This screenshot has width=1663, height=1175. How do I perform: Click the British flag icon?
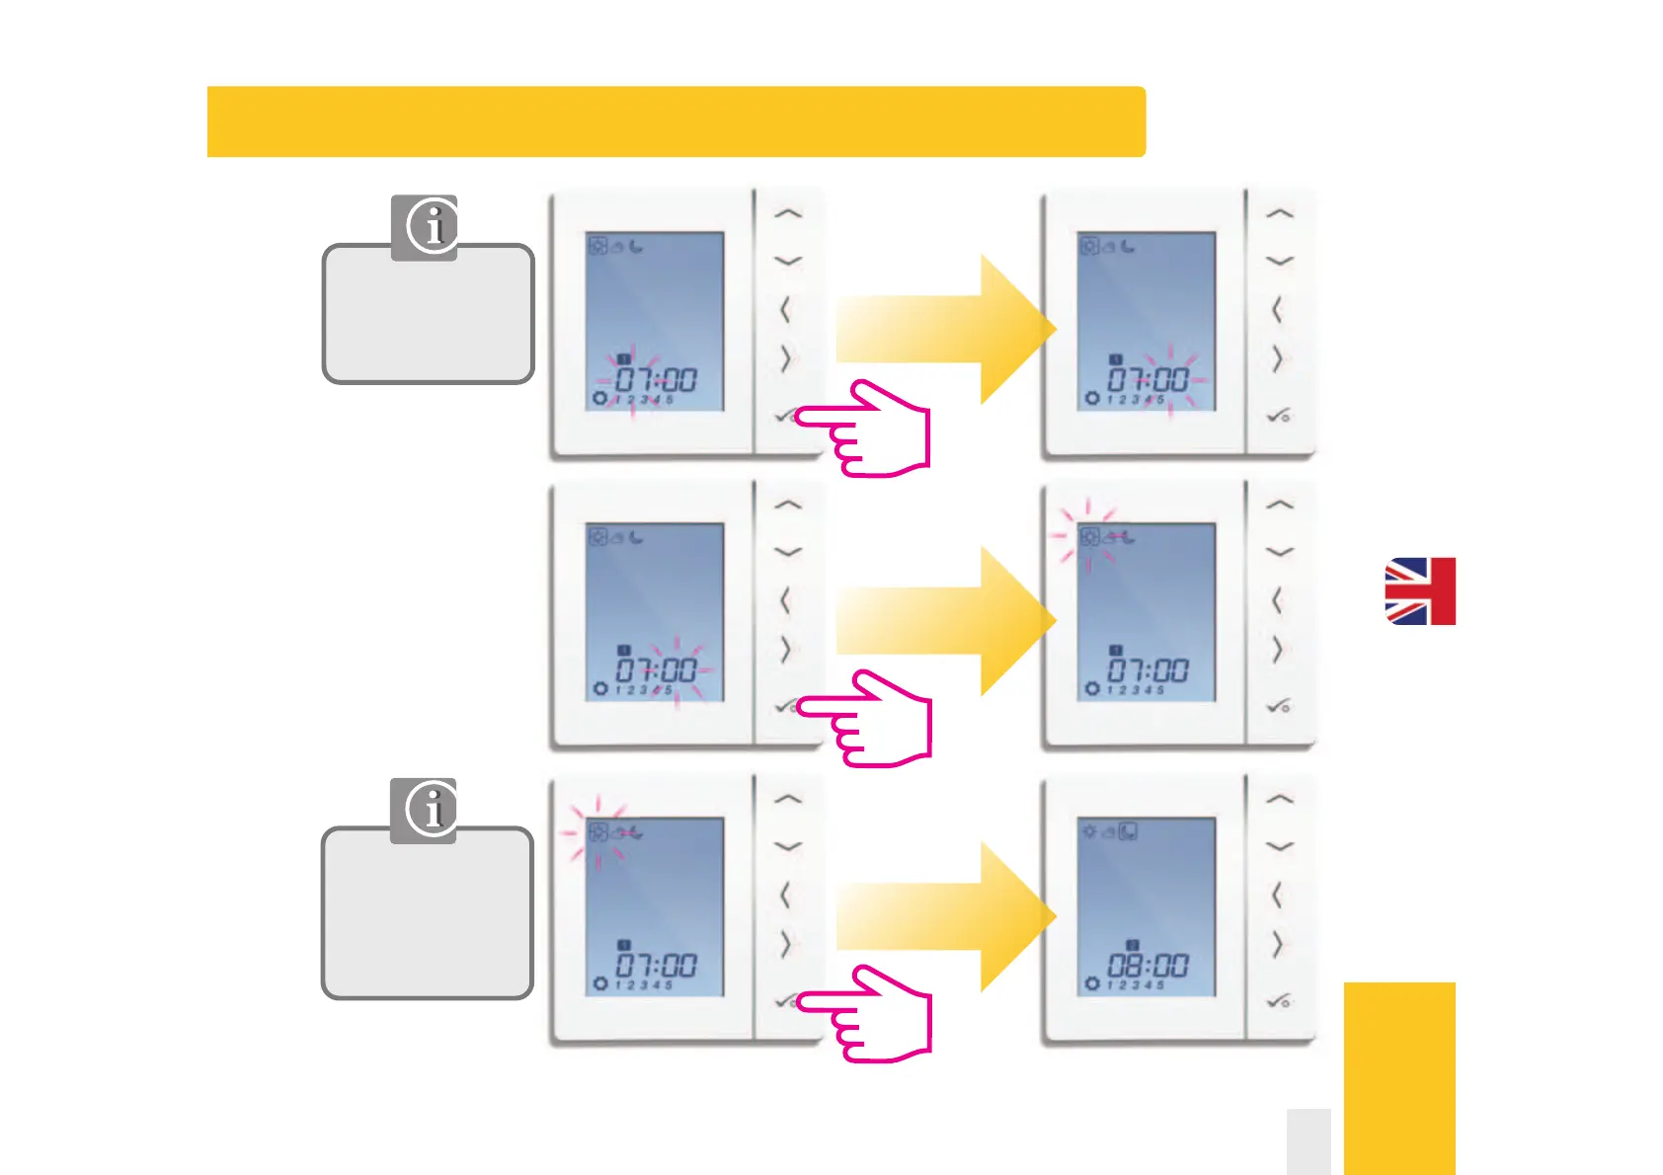(x=1419, y=590)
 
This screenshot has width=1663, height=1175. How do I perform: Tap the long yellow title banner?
(x=675, y=121)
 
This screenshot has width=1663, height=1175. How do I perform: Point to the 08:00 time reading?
(x=1148, y=964)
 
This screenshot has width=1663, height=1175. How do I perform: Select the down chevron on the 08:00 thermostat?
(x=1279, y=846)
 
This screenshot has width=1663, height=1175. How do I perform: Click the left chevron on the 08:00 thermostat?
(x=1276, y=896)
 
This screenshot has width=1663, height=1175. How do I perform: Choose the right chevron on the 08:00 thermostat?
(x=1277, y=945)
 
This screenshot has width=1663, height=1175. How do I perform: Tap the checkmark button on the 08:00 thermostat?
(x=1278, y=1001)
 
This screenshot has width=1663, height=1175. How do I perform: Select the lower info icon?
(x=432, y=809)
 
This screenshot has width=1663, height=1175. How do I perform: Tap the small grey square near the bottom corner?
(x=1308, y=1141)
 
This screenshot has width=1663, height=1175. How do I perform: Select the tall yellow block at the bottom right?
(x=1399, y=1078)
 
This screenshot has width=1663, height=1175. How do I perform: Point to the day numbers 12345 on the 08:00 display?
(x=1136, y=985)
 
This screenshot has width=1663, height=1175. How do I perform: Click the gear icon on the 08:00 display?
(x=1091, y=983)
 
